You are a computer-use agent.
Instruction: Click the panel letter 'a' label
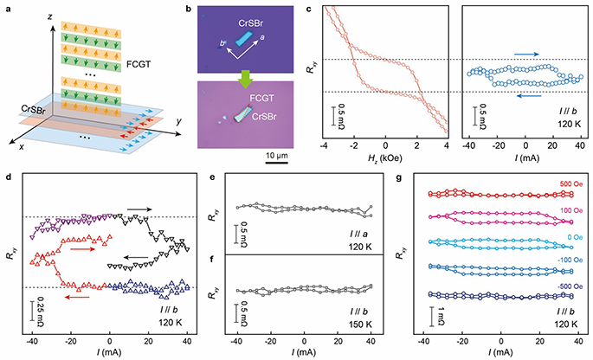click(5, 8)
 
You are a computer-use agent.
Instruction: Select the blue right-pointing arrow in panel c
click(528, 53)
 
